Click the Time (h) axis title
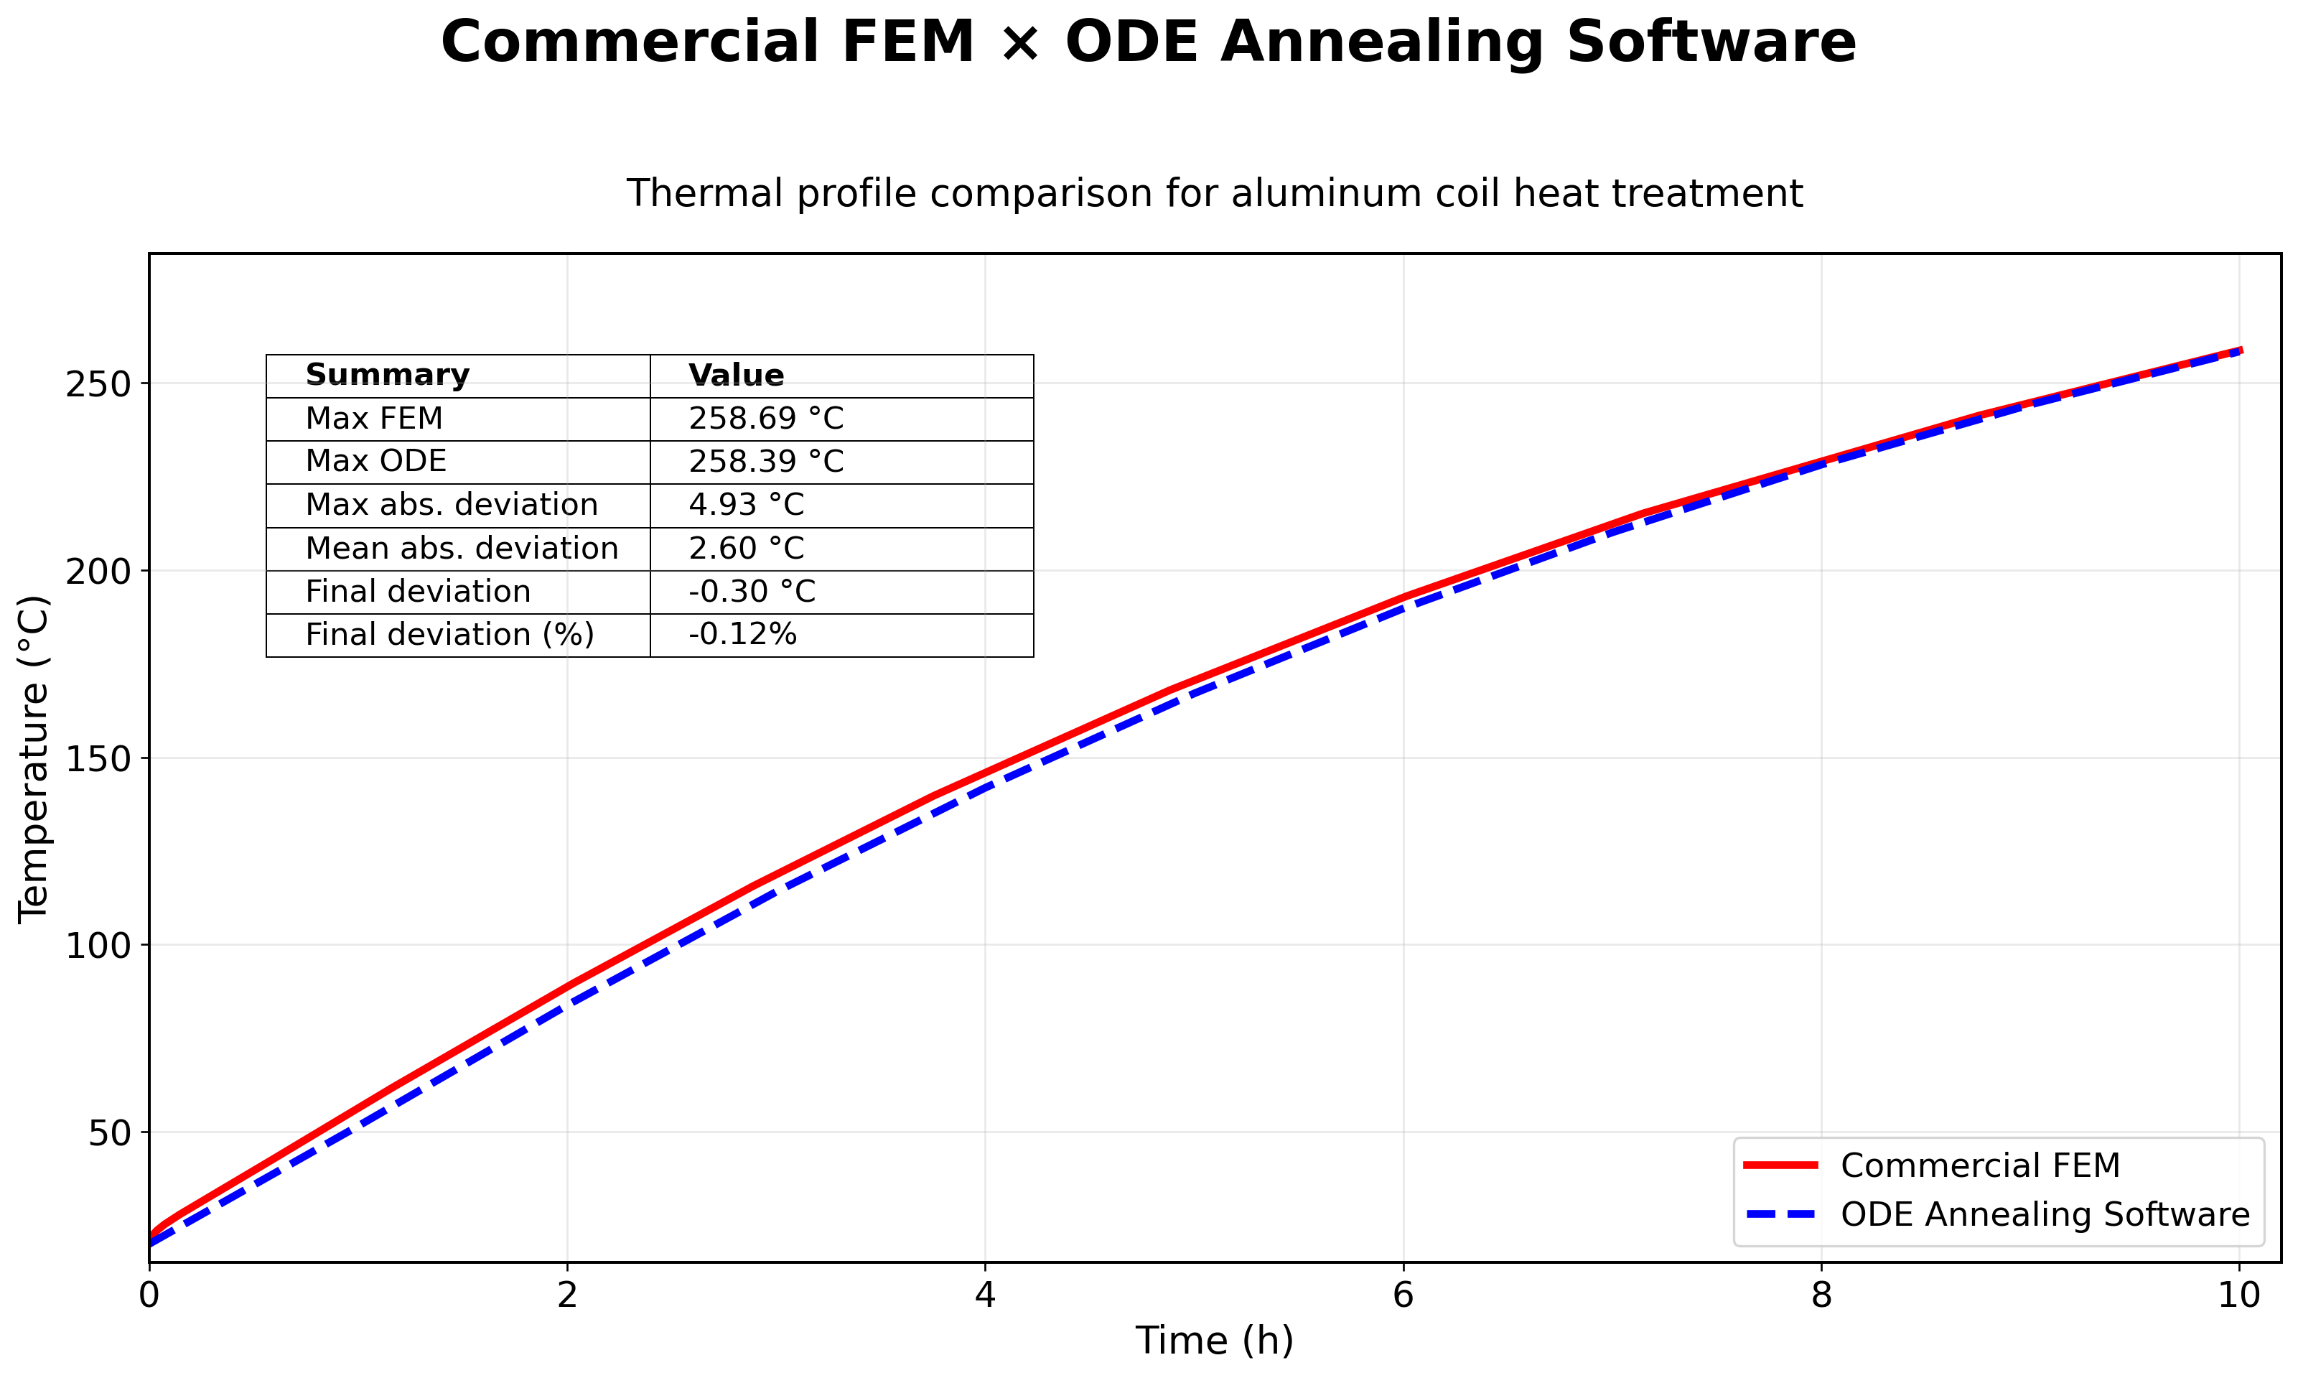[1214, 1341]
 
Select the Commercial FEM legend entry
[1980, 1165]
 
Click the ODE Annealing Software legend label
[2045, 1214]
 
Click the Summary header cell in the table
[387, 375]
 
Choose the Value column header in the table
[736, 375]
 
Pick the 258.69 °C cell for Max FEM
[766, 419]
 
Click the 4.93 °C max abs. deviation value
[746, 505]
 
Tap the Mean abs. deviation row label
[462, 549]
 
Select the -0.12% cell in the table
[742, 635]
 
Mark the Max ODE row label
[376, 462]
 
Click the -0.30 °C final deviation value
[752, 592]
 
